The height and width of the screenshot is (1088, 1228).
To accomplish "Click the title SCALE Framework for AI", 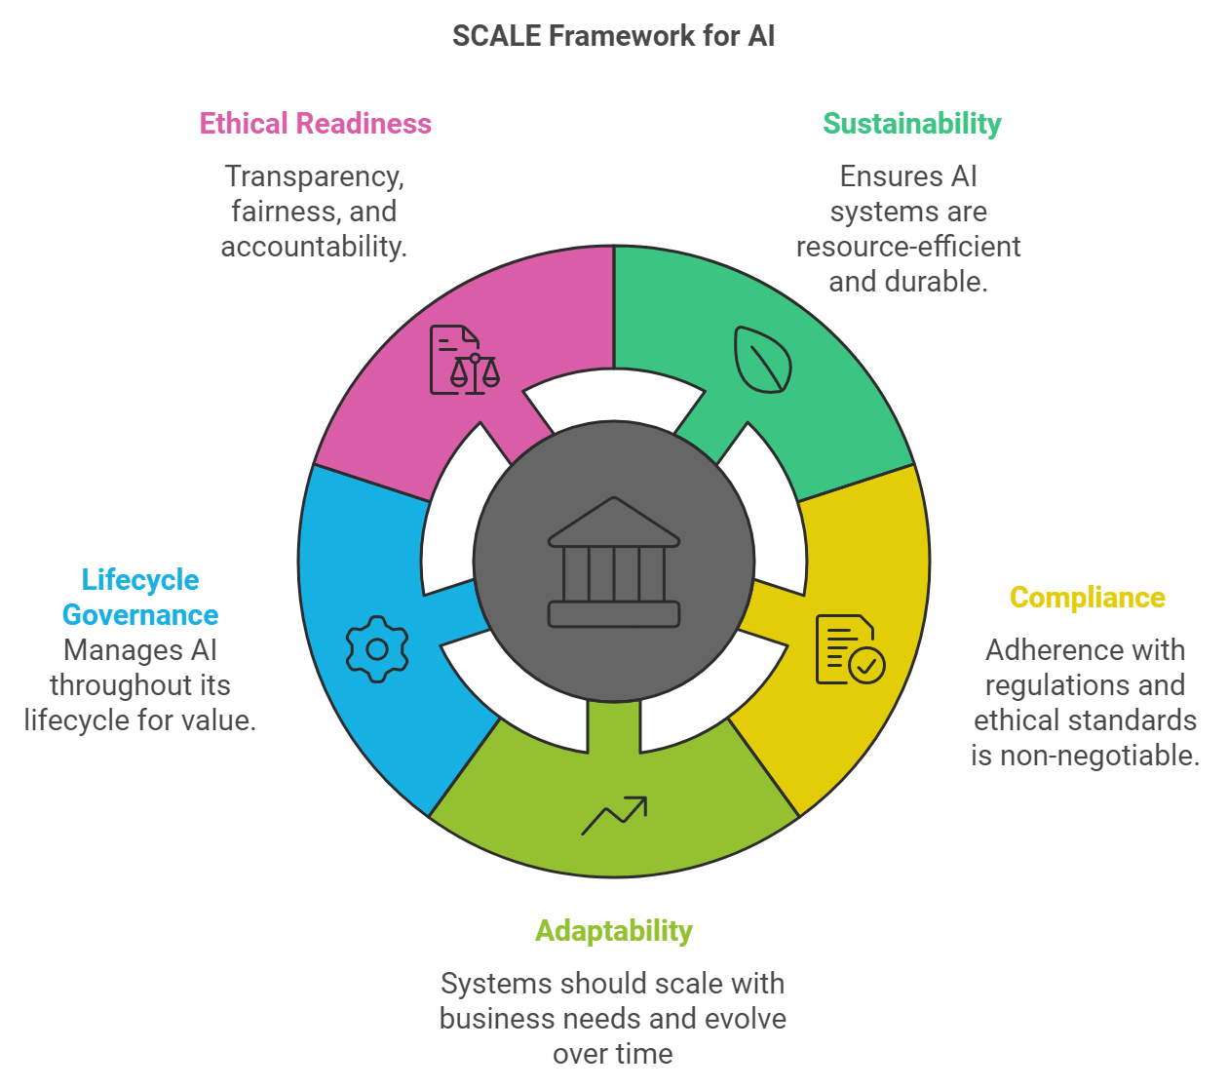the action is coord(613,36).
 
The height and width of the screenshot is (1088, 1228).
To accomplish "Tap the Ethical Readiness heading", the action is coord(316,124).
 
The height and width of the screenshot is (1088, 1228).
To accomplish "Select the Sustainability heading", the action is coord(912,124).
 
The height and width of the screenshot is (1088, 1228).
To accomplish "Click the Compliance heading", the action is coord(1088,598).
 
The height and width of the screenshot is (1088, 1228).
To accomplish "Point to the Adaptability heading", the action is coord(614,931).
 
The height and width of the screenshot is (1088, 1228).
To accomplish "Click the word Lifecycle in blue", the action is coord(140,580).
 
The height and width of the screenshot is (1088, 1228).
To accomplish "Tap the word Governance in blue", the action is coord(140,615).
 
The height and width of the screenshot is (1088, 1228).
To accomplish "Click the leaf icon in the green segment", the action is coord(762,360).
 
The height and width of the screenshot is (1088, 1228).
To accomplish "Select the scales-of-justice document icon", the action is coord(464,360).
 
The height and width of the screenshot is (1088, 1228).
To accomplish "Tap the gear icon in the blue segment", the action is coord(377,649).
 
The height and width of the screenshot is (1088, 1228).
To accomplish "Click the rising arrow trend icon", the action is coord(614,816).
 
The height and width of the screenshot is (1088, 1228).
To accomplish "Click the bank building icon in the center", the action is coord(614,563).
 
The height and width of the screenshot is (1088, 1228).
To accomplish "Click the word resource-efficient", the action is coord(908,247).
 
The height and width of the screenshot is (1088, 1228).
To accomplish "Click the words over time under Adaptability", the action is coord(613,1054).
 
